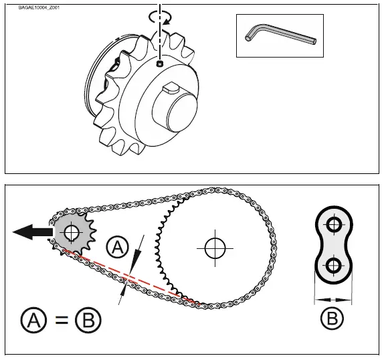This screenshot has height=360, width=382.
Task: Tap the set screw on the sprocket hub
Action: click(x=160, y=64)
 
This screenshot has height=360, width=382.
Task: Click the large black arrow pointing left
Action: click(x=31, y=232)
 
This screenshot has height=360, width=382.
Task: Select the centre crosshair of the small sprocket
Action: click(x=71, y=233)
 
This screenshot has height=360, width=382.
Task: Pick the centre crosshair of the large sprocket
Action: click(x=213, y=247)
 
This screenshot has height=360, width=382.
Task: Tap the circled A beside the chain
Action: click(x=117, y=248)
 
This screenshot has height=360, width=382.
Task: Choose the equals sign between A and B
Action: click(x=61, y=320)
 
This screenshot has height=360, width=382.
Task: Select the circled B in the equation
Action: click(x=88, y=320)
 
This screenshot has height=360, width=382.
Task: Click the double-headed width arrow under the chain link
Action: click(x=332, y=299)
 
